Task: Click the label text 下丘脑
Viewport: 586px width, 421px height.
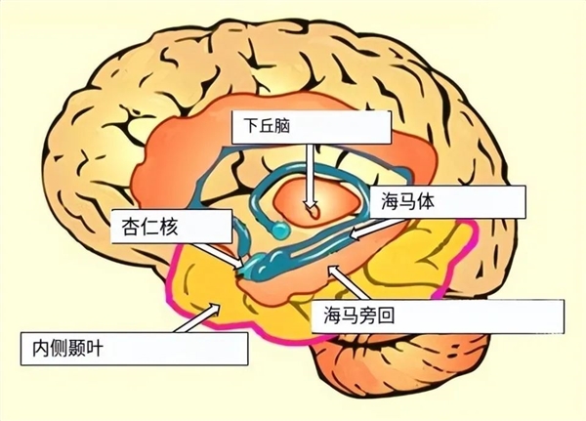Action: click(267, 127)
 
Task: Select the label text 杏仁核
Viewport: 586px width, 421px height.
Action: click(149, 227)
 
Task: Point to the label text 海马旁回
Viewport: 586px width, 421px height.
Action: click(358, 316)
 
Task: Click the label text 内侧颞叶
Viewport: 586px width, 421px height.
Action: click(67, 349)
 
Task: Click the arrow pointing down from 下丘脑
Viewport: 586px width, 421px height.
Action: click(311, 176)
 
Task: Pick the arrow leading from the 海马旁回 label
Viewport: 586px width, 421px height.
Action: click(347, 282)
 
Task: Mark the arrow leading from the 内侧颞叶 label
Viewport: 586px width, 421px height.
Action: click(197, 317)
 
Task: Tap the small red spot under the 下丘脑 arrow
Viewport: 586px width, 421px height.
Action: click(314, 213)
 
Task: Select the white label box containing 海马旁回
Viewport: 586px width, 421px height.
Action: click(438, 316)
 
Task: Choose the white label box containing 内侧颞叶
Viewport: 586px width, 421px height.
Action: click(134, 349)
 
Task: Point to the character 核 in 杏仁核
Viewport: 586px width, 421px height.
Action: click(169, 227)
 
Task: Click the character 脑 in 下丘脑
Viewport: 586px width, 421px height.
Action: click(282, 127)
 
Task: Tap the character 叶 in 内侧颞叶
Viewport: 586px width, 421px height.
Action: click(95, 349)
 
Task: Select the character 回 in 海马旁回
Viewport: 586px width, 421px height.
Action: click(386, 316)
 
